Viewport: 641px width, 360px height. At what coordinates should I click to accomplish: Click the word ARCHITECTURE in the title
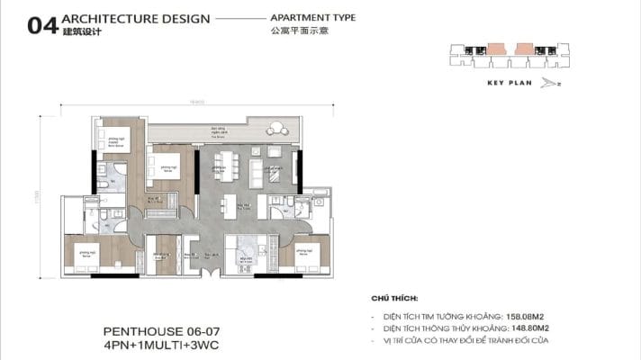[x=96, y=18]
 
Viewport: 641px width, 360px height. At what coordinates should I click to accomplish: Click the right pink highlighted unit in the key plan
[x=523, y=45]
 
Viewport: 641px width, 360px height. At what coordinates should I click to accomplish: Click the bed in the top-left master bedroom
[x=114, y=140]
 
